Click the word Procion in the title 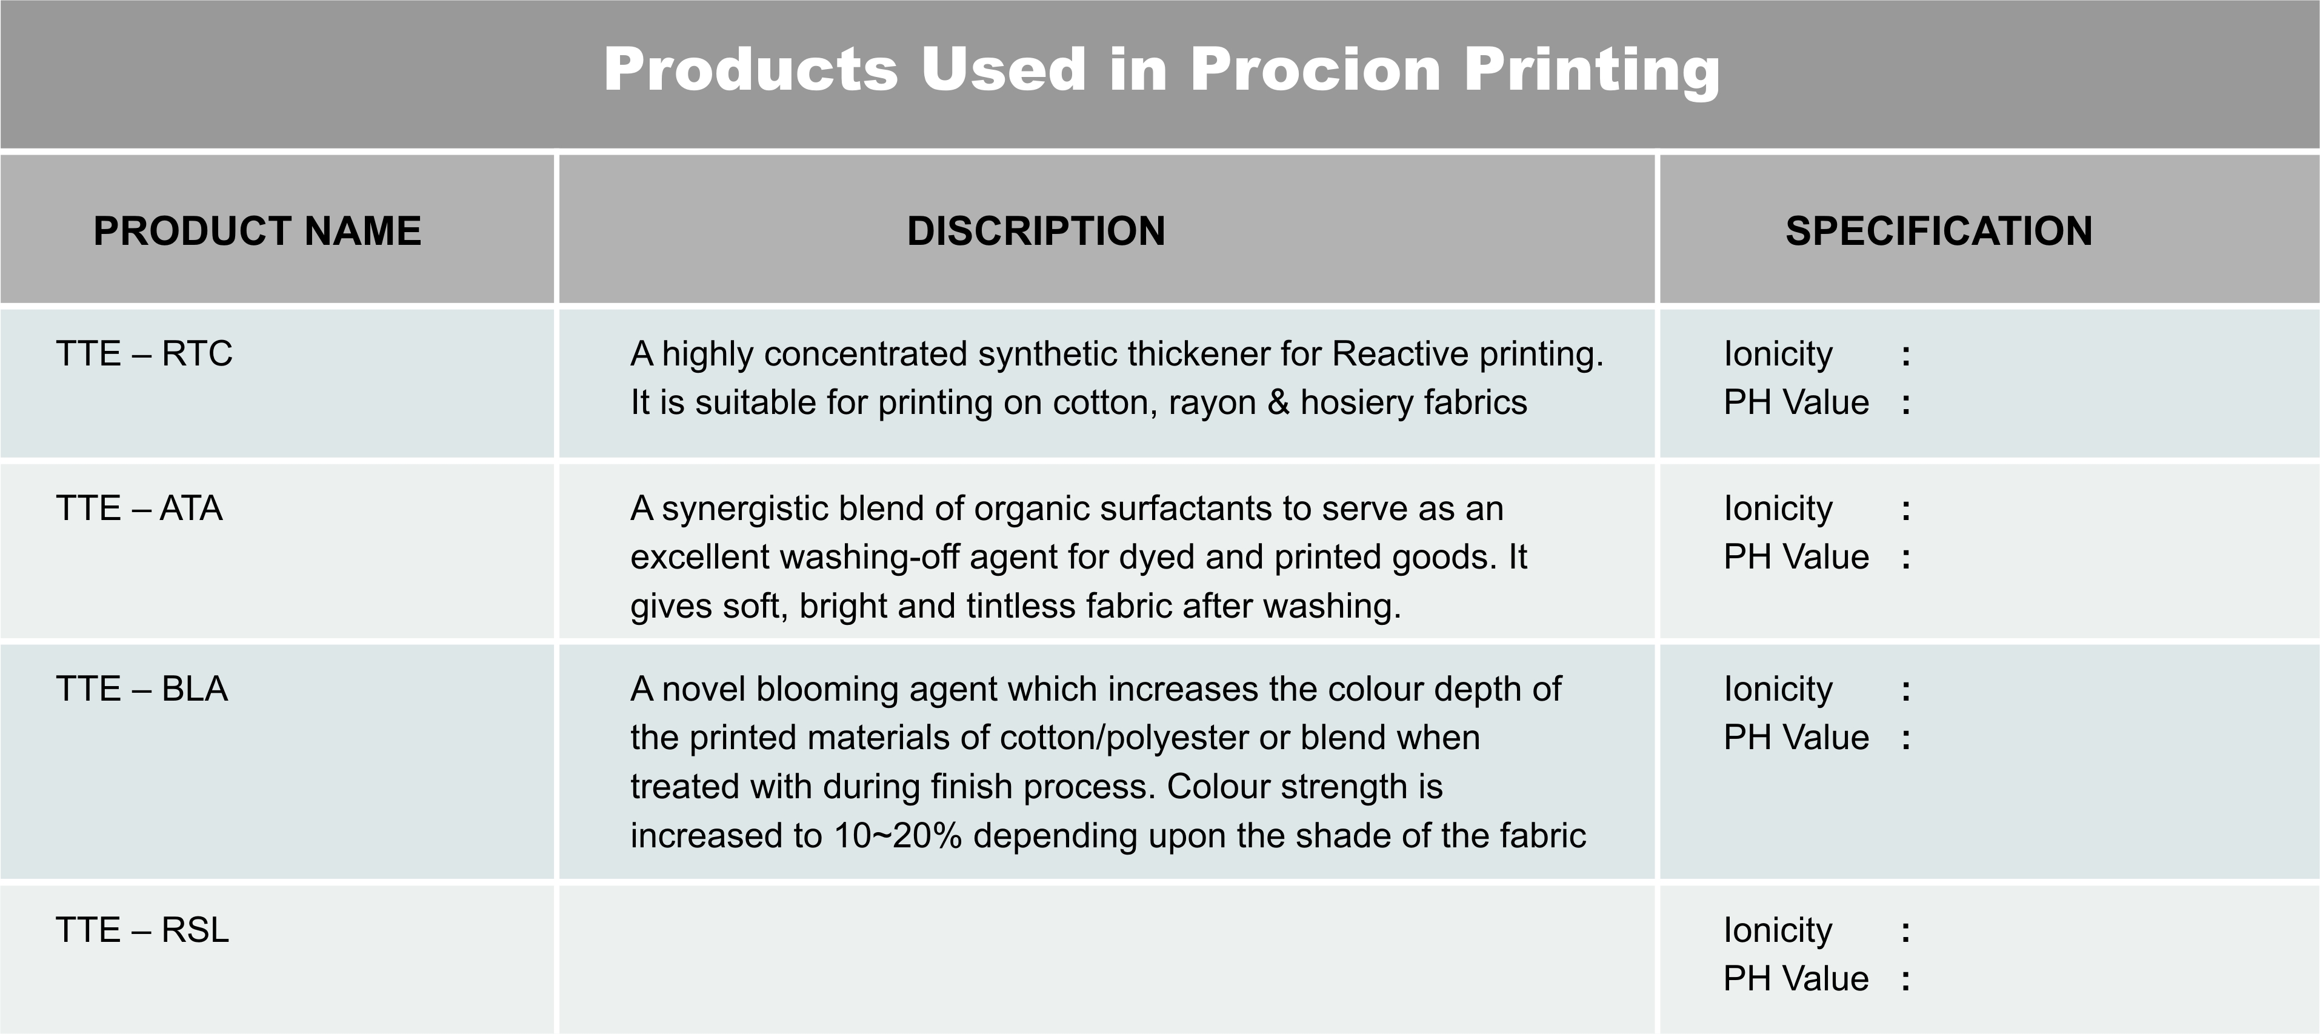tap(1316, 68)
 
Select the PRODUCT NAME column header tap(258, 230)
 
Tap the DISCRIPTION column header tap(1036, 230)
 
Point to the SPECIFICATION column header tap(1939, 230)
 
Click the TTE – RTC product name tap(144, 353)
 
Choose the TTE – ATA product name tap(139, 508)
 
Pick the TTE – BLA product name tap(142, 688)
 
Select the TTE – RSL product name tap(142, 930)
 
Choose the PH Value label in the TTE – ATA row tap(1796, 556)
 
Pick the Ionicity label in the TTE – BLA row tap(1778, 690)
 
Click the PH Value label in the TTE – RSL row tap(1796, 978)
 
